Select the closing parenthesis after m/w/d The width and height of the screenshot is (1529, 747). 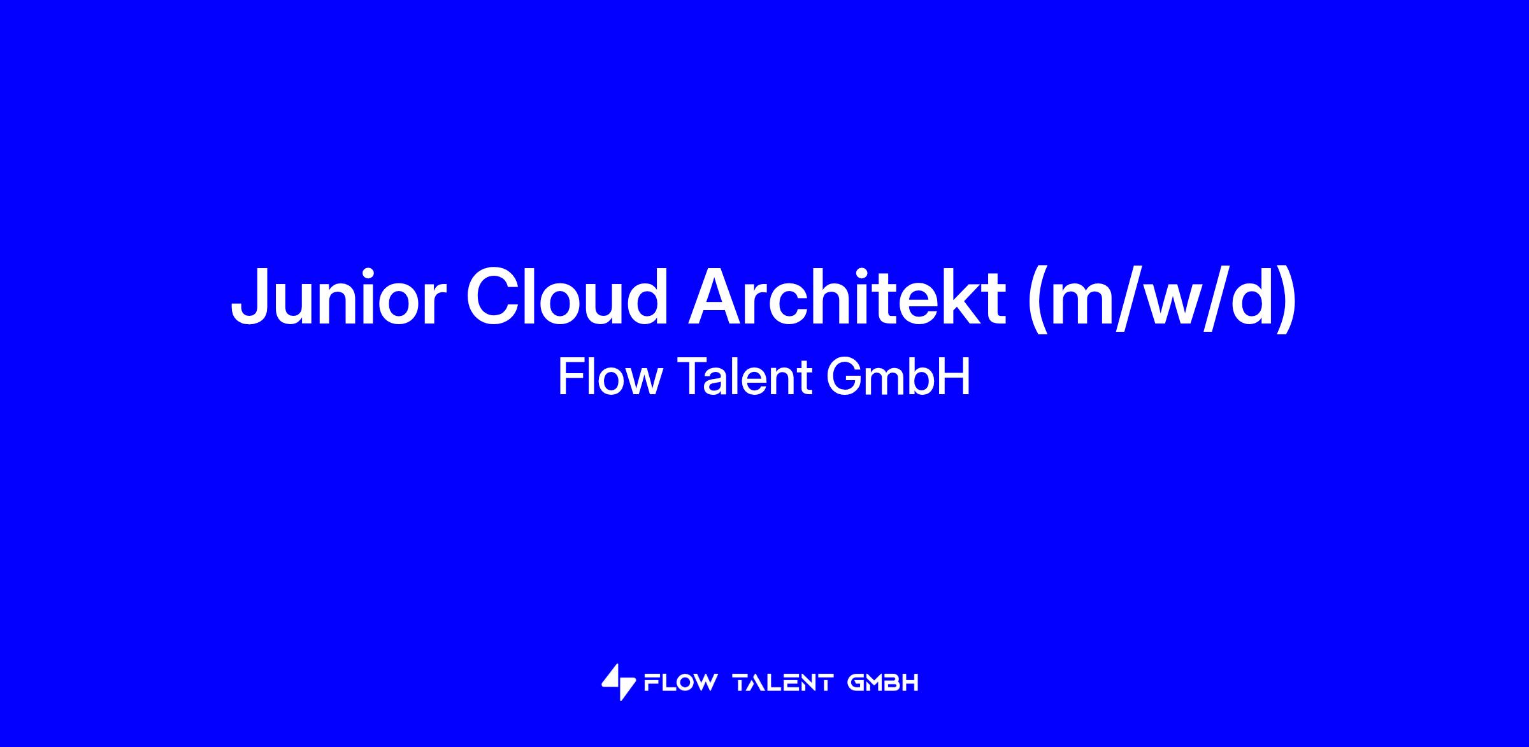click(1285, 299)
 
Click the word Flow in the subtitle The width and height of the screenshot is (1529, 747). click(610, 377)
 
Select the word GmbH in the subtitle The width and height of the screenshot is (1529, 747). click(898, 377)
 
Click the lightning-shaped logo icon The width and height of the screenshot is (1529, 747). click(619, 683)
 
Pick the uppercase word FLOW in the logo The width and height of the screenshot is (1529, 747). click(680, 683)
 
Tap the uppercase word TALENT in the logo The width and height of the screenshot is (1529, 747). click(783, 683)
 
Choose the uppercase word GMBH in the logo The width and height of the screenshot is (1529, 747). click(883, 683)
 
